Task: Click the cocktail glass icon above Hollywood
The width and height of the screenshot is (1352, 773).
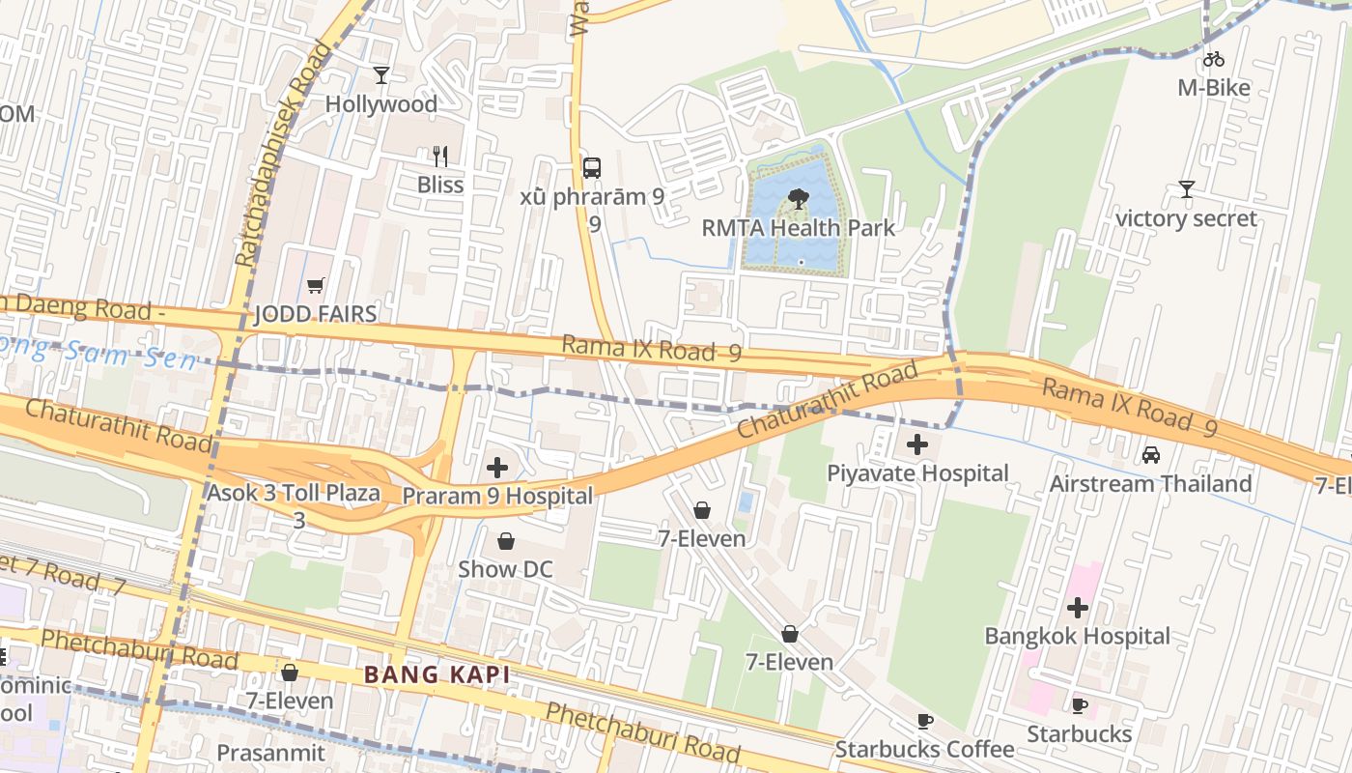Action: tap(381, 75)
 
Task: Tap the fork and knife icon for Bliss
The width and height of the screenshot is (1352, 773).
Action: tap(440, 157)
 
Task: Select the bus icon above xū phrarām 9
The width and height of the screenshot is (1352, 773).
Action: tap(592, 168)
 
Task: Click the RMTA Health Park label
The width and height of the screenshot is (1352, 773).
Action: tap(798, 228)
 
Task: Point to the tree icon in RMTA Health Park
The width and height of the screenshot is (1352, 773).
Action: tap(798, 200)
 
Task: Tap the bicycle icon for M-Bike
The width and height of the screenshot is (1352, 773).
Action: tap(1214, 60)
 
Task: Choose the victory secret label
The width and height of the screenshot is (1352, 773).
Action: tap(1186, 218)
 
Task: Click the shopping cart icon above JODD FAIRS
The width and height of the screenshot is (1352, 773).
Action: tap(315, 286)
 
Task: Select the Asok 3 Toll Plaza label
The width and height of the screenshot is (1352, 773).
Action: tap(293, 493)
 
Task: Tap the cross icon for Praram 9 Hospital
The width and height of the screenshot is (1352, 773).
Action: tap(497, 469)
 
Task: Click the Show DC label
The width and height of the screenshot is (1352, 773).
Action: tap(505, 569)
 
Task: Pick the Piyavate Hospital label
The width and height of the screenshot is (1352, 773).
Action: tap(917, 473)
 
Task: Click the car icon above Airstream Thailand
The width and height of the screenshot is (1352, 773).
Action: tap(1151, 455)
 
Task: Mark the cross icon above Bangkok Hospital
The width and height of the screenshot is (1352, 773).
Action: tap(1078, 608)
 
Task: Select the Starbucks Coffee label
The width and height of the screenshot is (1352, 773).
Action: tap(924, 749)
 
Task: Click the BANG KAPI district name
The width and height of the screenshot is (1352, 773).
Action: tap(437, 674)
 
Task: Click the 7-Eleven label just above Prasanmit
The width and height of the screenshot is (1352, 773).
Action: tap(289, 701)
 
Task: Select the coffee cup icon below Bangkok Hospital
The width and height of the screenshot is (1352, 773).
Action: tap(1080, 706)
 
